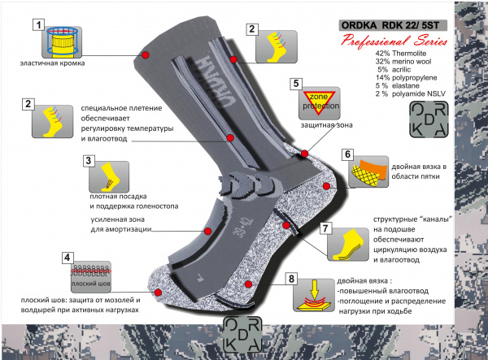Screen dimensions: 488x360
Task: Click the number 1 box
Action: click(x=38, y=24)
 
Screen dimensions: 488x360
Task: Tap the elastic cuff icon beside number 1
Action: click(x=62, y=42)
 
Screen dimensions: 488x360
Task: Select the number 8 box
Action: click(x=291, y=279)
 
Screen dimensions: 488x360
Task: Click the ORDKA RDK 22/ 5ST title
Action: click(x=393, y=25)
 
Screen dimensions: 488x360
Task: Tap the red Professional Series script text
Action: click(x=394, y=41)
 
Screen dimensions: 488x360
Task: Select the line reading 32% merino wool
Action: click(x=403, y=62)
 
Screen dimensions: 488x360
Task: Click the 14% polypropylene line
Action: click(x=406, y=78)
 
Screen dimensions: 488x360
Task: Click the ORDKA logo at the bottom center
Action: click(x=242, y=335)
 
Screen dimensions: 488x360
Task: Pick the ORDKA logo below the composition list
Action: click(x=429, y=119)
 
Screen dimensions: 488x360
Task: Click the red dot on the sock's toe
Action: click(x=158, y=293)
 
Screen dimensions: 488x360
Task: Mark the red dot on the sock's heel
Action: click(x=326, y=186)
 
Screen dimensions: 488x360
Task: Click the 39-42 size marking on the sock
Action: click(x=242, y=228)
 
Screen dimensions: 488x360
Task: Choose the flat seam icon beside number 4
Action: click(x=91, y=277)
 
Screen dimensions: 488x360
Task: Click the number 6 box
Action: click(x=347, y=154)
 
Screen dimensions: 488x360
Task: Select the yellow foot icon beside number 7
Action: click(x=348, y=245)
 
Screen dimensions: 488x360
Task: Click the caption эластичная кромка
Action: click(x=52, y=63)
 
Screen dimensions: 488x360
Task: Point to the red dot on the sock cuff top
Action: click(x=145, y=55)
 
